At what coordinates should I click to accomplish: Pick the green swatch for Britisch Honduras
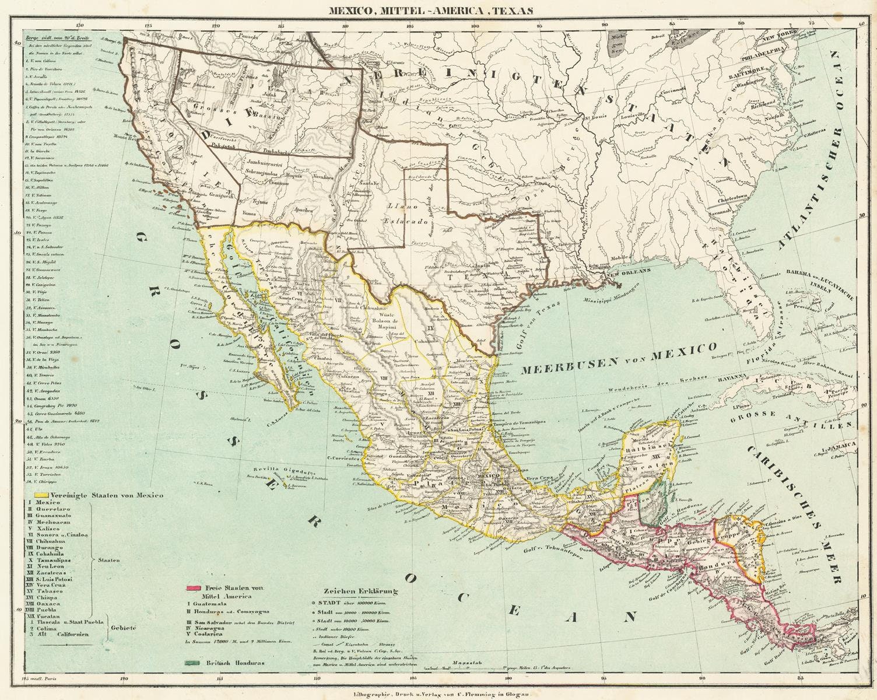(193, 663)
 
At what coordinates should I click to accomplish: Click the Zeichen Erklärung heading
(364, 591)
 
